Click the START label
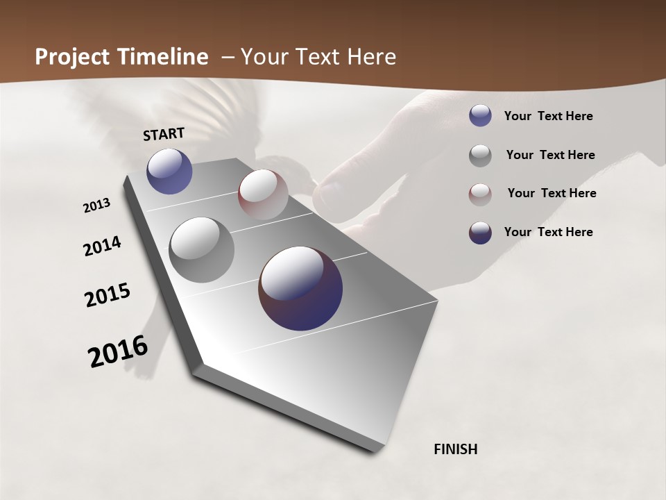(164, 134)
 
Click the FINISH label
(456, 449)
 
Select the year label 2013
(96, 206)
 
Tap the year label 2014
(102, 247)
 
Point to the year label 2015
(108, 295)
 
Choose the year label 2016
(118, 351)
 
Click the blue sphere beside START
(169, 171)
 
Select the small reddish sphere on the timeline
(263, 194)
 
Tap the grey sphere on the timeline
(201, 249)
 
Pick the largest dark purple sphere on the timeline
(300, 288)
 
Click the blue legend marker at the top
(480, 115)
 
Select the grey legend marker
(480, 156)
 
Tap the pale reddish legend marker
(480, 194)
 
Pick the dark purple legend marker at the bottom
(480, 233)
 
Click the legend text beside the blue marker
(548, 117)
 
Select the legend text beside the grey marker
(550, 155)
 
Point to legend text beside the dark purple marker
(548, 232)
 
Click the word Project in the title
(71, 57)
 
